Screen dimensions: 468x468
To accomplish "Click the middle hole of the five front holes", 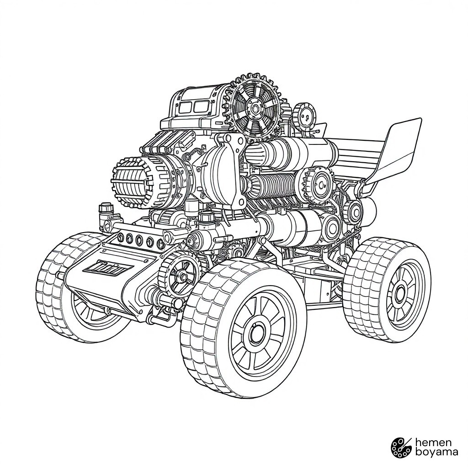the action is click(139, 239).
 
